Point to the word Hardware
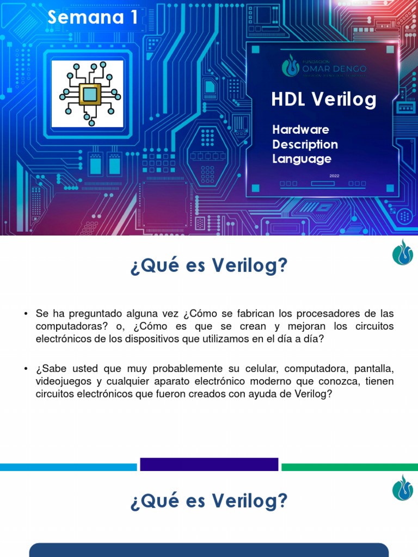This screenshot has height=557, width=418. pos(300,129)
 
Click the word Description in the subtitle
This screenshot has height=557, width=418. pos(305,144)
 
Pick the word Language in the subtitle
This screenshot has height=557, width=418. pos(302,159)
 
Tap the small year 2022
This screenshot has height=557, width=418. pos(334,176)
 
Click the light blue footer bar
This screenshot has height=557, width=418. pos(68,467)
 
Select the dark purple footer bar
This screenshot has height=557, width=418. pos(209,465)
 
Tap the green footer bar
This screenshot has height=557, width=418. pos(349,467)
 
